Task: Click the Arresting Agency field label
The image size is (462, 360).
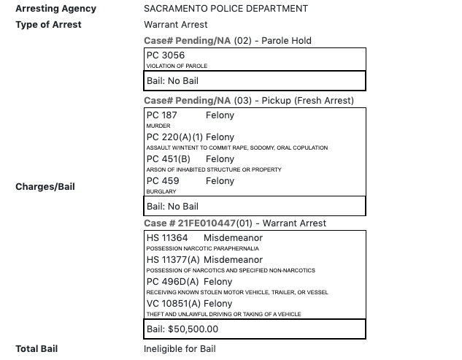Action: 55,9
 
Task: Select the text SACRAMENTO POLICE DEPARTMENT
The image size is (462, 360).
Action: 226,9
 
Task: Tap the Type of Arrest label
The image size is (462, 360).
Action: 48,24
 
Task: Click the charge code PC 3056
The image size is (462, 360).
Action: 166,55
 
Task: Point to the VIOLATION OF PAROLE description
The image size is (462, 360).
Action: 177,66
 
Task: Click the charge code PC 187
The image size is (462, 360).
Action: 162,115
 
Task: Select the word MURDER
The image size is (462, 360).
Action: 158,126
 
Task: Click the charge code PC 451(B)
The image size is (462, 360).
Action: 169,159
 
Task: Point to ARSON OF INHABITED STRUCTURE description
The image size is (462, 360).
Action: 214,170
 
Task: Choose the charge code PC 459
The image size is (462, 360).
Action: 162,181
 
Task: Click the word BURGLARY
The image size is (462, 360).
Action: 161,192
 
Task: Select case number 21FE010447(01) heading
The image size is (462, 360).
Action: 235,223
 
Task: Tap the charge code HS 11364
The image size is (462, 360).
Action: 167,238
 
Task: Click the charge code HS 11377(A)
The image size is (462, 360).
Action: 173,260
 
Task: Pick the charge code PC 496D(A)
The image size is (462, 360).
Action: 173,282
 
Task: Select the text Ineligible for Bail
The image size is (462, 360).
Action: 180,349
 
